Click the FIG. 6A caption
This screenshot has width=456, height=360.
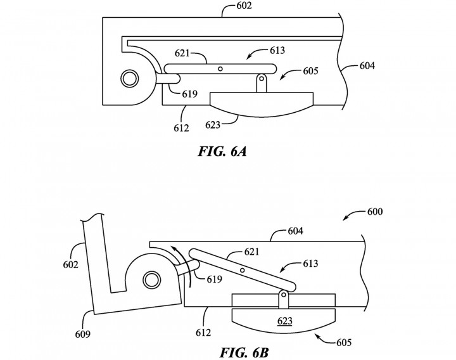point(222,151)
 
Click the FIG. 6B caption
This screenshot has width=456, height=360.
point(244,352)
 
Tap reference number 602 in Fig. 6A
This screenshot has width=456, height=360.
point(244,6)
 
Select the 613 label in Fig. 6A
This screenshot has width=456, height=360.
point(277,50)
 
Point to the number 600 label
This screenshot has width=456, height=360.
point(375,211)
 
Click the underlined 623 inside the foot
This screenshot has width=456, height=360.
point(285,321)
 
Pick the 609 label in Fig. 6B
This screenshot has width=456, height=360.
point(82,335)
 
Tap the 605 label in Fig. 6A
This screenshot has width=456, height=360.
point(310,71)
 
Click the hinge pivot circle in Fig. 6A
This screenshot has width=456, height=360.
point(130,79)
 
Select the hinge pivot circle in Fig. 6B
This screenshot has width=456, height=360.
point(151,280)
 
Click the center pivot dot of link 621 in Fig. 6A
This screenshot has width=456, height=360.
point(220,68)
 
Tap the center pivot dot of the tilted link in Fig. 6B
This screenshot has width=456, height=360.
point(242,271)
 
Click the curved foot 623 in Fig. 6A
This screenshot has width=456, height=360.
point(262,104)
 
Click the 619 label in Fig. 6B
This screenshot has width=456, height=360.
point(214,279)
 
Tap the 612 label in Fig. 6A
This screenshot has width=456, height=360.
point(181,128)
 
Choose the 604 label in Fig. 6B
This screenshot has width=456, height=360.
point(296,231)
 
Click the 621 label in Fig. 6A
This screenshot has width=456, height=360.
point(182,53)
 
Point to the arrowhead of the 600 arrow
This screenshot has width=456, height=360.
point(344,219)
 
